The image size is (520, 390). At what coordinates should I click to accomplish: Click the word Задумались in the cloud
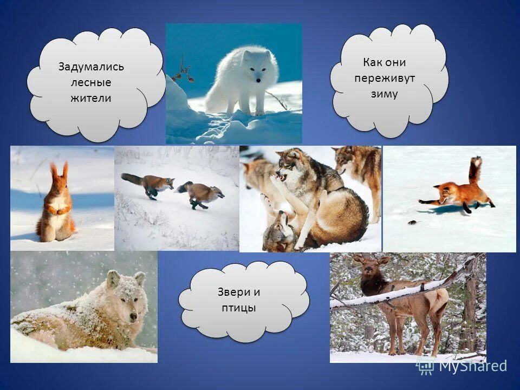pos(91,67)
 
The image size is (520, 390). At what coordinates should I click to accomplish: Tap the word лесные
pos(90,82)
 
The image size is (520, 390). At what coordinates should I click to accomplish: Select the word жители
pos(90,98)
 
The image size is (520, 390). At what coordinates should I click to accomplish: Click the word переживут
pos(385,78)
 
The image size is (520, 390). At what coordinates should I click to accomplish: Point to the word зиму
pos(385,94)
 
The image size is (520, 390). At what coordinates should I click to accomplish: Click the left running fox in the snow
pos(146,185)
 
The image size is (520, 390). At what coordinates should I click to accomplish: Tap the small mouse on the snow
pos(413,222)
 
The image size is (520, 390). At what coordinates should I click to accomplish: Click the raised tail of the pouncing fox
pos(475,169)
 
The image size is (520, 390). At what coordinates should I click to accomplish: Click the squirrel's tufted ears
pos(59,171)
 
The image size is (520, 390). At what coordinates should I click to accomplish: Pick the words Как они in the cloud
pos(385,62)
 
